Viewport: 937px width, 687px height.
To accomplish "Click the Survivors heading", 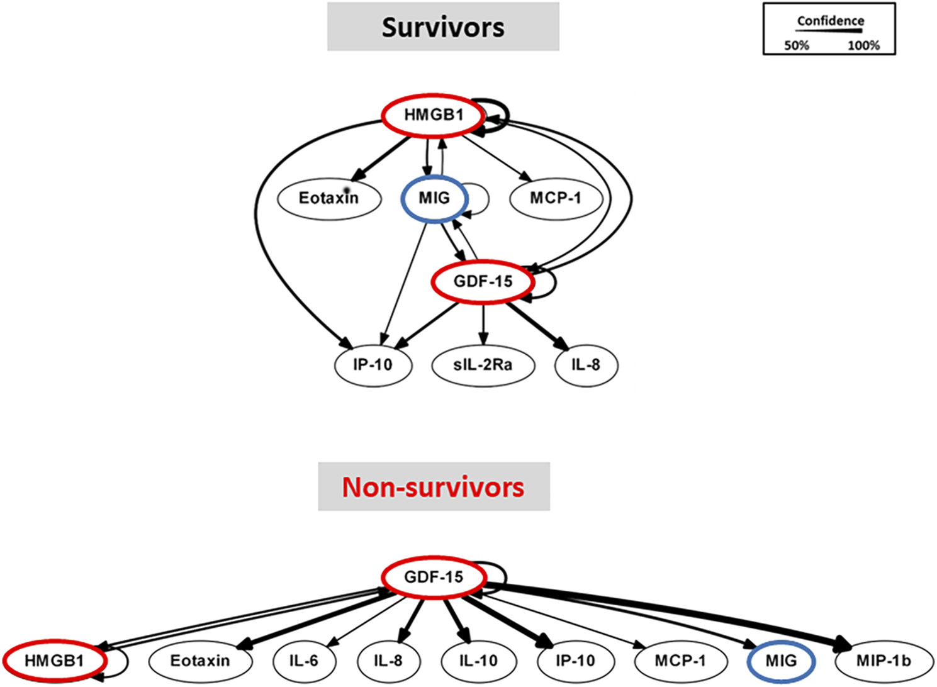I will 443,27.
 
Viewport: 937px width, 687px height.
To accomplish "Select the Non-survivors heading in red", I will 433,488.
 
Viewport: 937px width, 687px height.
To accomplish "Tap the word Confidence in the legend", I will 830,21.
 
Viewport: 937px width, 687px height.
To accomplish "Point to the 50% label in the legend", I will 796,45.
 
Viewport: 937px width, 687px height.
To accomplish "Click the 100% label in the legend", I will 863,45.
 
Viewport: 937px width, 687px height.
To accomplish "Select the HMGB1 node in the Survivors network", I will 434,115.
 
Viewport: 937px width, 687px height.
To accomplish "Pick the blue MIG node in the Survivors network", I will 434,198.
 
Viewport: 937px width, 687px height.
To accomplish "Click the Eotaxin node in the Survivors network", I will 329,198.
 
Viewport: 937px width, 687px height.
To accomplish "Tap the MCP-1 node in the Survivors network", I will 556,198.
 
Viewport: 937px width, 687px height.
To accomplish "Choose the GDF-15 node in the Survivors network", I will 483,281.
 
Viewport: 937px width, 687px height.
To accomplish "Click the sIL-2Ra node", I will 483,365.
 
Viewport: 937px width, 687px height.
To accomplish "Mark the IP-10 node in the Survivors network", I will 373,365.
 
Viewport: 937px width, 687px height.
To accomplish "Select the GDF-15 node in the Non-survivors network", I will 434,577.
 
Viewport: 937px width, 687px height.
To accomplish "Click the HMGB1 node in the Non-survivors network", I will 54,661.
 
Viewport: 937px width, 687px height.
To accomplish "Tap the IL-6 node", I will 304,661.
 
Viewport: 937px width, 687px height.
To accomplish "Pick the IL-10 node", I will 478,661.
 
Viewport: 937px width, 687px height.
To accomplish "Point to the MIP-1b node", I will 884,661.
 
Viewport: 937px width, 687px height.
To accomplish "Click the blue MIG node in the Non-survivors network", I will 781,661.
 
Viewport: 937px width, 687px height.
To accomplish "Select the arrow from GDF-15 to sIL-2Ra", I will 483,324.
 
